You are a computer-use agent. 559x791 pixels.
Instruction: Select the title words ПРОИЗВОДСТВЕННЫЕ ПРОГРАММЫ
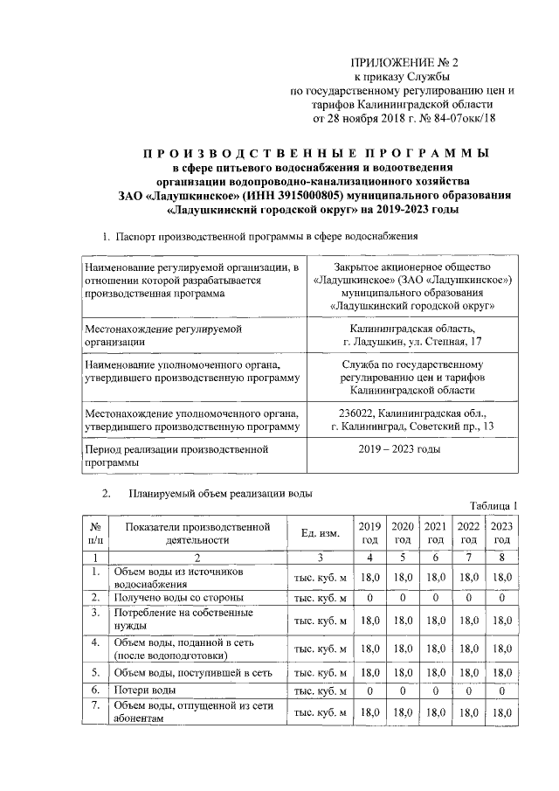[315, 153]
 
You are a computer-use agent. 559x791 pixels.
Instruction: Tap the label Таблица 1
[493, 505]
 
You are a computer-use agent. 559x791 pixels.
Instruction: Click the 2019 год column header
[369, 533]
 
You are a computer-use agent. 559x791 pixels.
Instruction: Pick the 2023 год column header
[500, 533]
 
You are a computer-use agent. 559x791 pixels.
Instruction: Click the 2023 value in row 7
[500, 713]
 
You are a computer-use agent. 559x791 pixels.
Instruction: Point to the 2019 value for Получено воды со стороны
[369, 597]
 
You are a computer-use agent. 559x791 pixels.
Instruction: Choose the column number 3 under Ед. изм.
[320, 557]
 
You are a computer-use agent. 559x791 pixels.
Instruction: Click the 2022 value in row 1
[468, 577]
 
